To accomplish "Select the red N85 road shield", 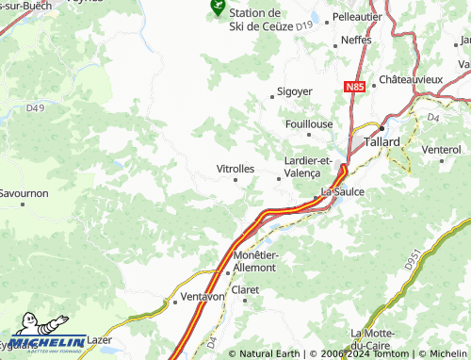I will [x=354, y=87].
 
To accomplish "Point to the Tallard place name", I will [x=382, y=141].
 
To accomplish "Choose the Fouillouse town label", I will [x=308, y=123].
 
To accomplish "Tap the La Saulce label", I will [x=343, y=191].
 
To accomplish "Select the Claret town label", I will [x=245, y=289].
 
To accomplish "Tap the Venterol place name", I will [x=442, y=149].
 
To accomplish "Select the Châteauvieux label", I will [x=411, y=80].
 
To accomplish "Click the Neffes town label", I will [x=356, y=41].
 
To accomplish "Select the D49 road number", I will [x=35, y=108].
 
